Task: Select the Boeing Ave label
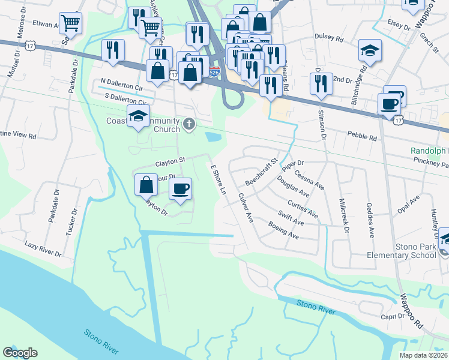[x=284, y=232]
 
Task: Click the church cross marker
[x=190, y=124]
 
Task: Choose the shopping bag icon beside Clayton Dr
[x=146, y=185]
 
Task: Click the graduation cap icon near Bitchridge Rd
[x=369, y=52]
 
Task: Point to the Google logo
[x=20, y=353]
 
